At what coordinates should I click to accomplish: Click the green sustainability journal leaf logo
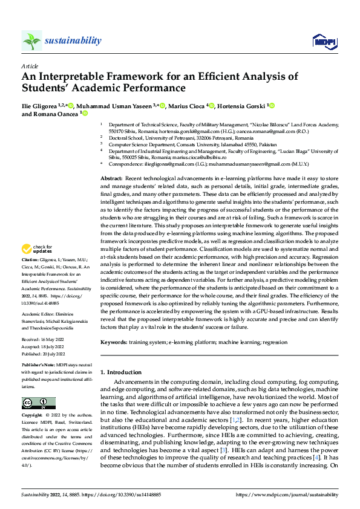[x=31, y=41]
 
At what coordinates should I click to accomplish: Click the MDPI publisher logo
[x=324, y=41]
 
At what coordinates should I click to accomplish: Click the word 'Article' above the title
[x=30, y=66]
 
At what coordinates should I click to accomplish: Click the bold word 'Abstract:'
[x=111, y=180]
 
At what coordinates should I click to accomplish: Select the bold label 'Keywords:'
[x=114, y=342]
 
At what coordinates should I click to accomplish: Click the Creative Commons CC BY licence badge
[x=39, y=403]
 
